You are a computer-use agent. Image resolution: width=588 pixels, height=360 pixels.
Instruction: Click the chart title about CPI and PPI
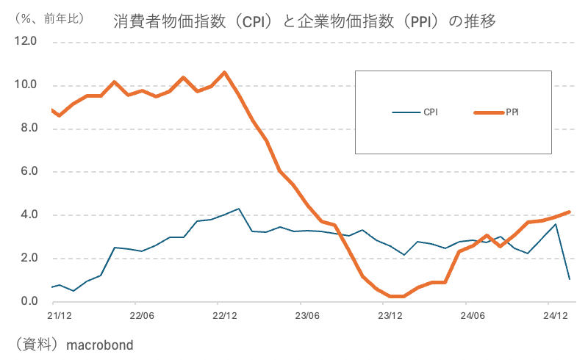(x=304, y=21)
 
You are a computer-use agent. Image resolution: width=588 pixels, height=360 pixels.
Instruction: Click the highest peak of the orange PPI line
(x=225, y=72)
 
